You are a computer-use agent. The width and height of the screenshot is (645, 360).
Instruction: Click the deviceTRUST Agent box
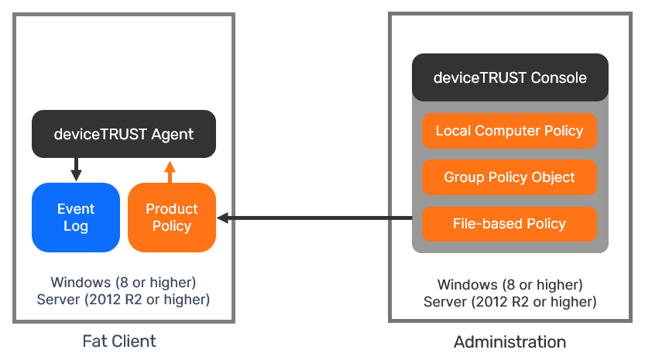point(123,134)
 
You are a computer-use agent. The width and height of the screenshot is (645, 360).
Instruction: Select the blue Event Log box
point(76,218)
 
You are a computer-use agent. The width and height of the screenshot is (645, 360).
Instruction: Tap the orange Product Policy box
point(171,218)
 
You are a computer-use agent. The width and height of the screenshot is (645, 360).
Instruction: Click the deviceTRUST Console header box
point(509,77)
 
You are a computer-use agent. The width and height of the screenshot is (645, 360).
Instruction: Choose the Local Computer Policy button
point(509,131)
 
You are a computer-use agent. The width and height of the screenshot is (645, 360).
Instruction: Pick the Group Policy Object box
point(509,177)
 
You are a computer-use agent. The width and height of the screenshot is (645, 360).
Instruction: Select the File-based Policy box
point(509,224)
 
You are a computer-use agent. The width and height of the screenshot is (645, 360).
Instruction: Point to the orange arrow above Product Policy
point(170,171)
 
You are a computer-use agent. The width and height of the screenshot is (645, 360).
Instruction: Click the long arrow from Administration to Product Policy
point(317,218)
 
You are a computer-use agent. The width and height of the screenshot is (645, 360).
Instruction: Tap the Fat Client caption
point(119,341)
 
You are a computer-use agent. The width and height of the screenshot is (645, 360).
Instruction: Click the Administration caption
point(509,341)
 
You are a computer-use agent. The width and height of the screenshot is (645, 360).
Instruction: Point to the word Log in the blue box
point(76,226)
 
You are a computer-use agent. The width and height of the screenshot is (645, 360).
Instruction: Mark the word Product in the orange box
point(171,209)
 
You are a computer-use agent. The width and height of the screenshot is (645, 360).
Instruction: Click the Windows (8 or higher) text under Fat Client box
point(123,281)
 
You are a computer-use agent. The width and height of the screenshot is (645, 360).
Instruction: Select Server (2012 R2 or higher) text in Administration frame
point(509,301)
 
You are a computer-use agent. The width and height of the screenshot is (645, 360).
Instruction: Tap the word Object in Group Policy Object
point(553,177)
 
